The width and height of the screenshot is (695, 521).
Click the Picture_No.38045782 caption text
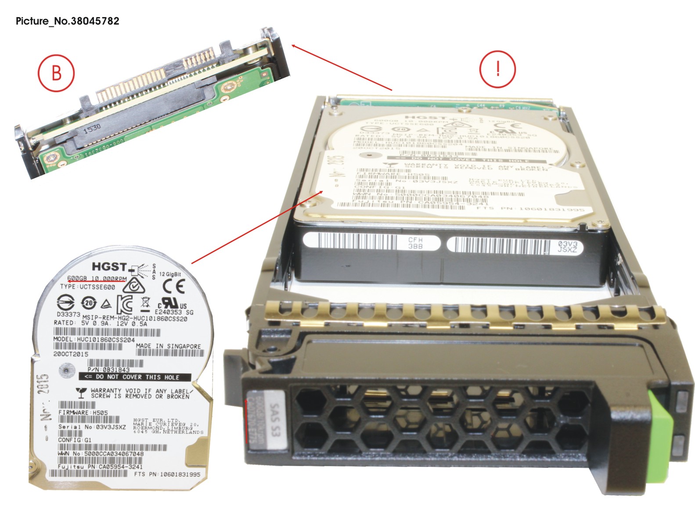[x=67, y=21]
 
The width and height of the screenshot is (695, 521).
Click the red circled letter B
[x=56, y=73]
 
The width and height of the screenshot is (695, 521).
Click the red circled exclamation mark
[x=497, y=69]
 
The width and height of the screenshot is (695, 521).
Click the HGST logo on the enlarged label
[x=109, y=266]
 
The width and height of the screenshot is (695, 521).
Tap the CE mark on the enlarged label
[x=174, y=287]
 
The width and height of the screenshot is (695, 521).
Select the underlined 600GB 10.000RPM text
[x=97, y=279]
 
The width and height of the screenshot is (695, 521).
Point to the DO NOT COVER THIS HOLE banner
[x=135, y=377]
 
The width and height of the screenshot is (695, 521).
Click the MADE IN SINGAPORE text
[x=168, y=346]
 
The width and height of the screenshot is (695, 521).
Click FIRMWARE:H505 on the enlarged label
[x=83, y=413]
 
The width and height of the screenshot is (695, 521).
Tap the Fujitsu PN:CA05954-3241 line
[x=100, y=467]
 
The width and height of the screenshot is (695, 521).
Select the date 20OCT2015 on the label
[x=71, y=354]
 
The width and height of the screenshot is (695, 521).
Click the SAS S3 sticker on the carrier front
[x=274, y=420]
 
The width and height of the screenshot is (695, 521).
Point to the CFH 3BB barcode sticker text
[x=415, y=243]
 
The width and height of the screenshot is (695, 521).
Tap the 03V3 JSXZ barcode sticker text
[x=567, y=247]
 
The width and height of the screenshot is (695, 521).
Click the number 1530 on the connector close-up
[x=92, y=128]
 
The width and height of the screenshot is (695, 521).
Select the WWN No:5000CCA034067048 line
[x=101, y=453]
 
